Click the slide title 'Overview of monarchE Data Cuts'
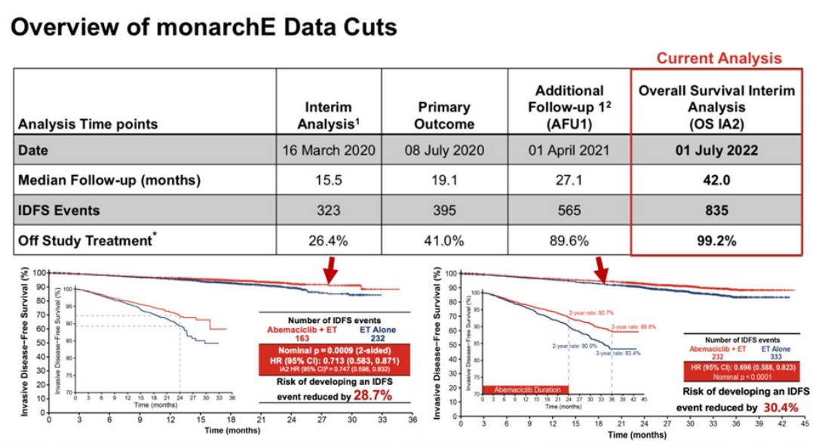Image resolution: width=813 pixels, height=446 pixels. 203,28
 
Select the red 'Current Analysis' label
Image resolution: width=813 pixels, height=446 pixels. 719,58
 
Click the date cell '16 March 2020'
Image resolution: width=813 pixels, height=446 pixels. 328,150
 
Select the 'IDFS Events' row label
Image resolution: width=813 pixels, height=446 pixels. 60,211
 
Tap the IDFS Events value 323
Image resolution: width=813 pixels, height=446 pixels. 328,211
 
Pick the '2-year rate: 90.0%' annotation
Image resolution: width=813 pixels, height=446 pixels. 568,346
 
